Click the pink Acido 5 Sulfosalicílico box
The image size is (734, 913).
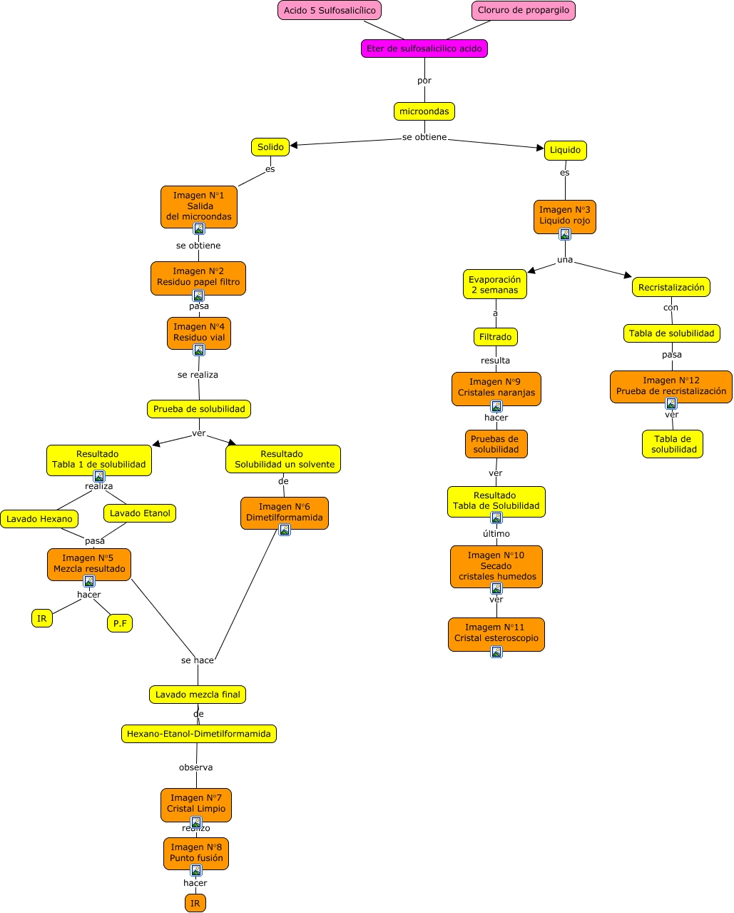click(x=330, y=11)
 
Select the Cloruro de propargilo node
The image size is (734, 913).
click(x=523, y=11)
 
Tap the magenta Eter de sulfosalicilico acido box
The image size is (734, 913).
click(x=424, y=49)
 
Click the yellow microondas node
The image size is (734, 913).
click(x=424, y=111)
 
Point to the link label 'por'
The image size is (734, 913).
click(x=424, y=81)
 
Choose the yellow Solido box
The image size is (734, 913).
click(x=270, y=147)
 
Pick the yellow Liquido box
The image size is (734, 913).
click(x=565, y=150)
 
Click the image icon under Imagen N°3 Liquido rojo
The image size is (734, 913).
click(x=565, y=234)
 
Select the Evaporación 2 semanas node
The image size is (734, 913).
click(x=495, y=284)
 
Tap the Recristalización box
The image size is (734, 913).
click(x=671, y=287)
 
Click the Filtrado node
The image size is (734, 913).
click(x=495, y=337)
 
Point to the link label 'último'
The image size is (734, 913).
click(x=496, y=534)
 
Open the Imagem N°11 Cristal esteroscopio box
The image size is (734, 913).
click(x=496, y=633)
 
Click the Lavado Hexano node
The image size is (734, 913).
click(x=39, y=519)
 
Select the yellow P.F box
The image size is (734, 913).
click(x=120, y=623)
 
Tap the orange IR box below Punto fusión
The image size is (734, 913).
click(x=195, y=903)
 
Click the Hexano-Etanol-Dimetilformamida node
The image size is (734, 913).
click(x=198, y=734)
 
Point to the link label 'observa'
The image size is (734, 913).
click(x=195, y=767)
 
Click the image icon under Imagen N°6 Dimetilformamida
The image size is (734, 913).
click(x=285, y=530)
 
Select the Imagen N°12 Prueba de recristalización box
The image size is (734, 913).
click(x=671, y=386)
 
